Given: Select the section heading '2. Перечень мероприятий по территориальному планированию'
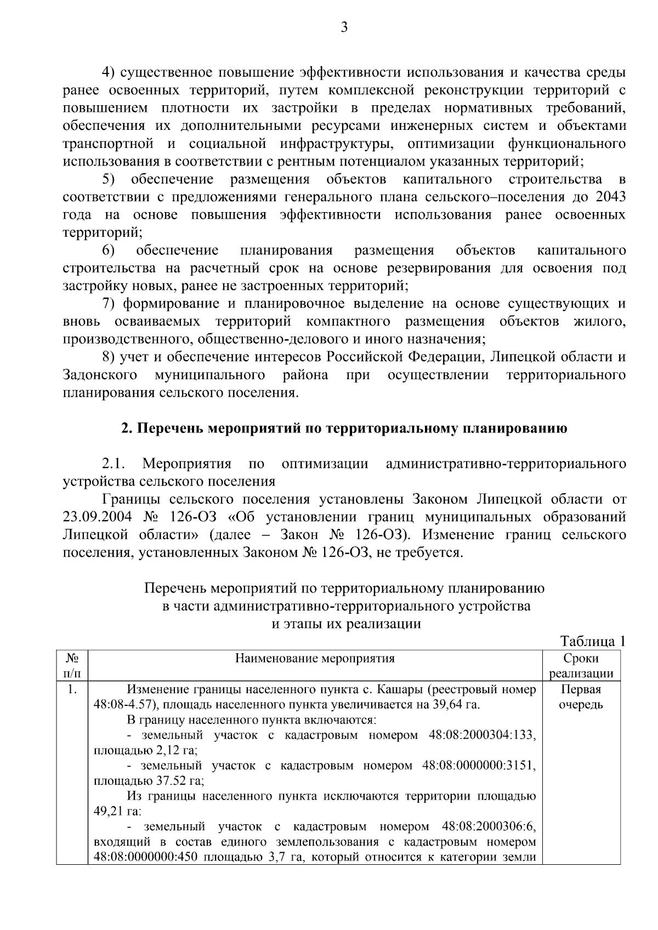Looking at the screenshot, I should coord(344,429).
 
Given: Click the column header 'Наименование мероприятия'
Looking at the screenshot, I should coord(315,658).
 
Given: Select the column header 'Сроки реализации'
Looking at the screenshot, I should coord(581,666).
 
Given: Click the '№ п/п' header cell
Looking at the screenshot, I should coord(72,666).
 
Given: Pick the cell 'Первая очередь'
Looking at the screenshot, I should coord(581,697).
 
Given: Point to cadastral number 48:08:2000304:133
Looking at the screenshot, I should coord(482,735).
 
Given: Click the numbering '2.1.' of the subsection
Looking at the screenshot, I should coord(114,464).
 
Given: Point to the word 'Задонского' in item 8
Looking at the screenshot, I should coord(100,375).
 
